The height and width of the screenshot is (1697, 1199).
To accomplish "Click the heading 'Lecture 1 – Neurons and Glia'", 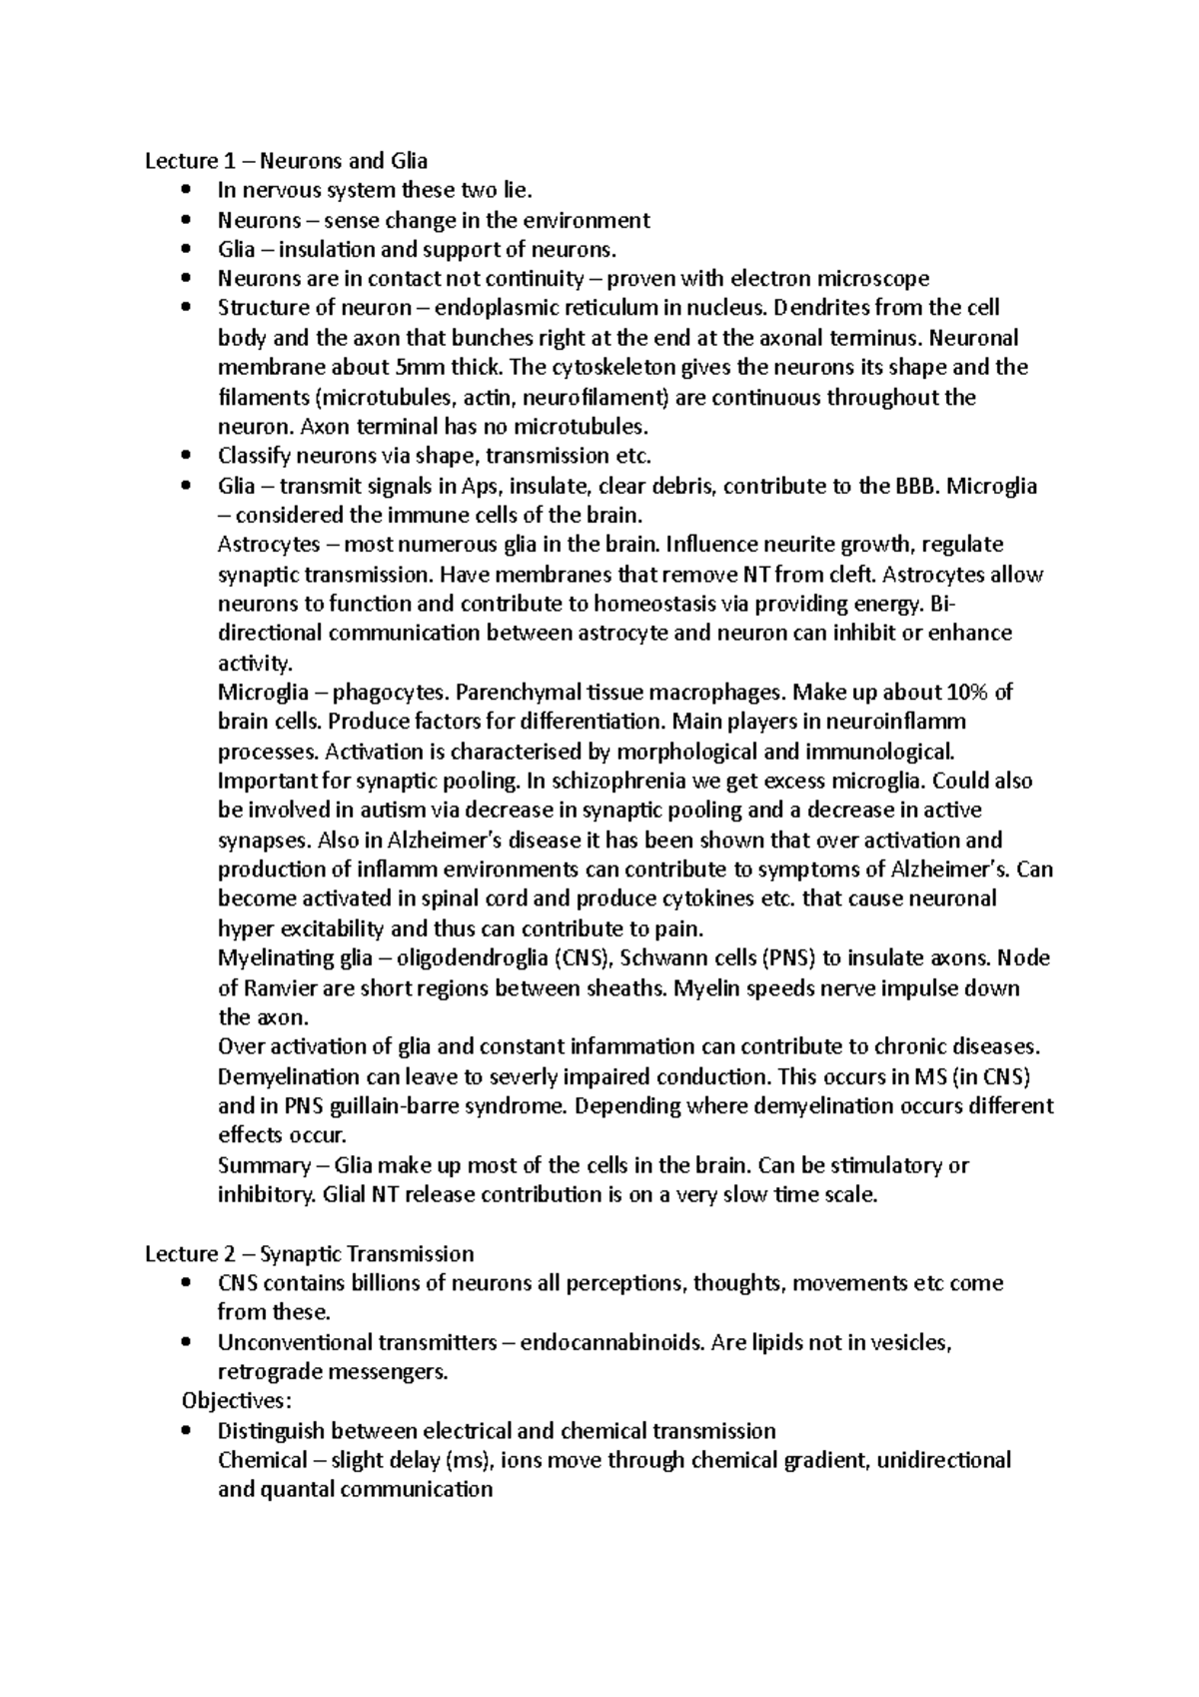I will pos(286,161).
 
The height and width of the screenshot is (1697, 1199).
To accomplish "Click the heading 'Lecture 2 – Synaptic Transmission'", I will pos(309,1253).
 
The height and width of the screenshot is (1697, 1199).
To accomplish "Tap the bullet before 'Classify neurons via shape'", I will pos(185,457).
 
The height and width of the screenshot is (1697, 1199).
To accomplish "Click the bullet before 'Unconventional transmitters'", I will pos(185,1342).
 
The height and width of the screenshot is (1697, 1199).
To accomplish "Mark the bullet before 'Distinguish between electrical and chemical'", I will pos(185,1431).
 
